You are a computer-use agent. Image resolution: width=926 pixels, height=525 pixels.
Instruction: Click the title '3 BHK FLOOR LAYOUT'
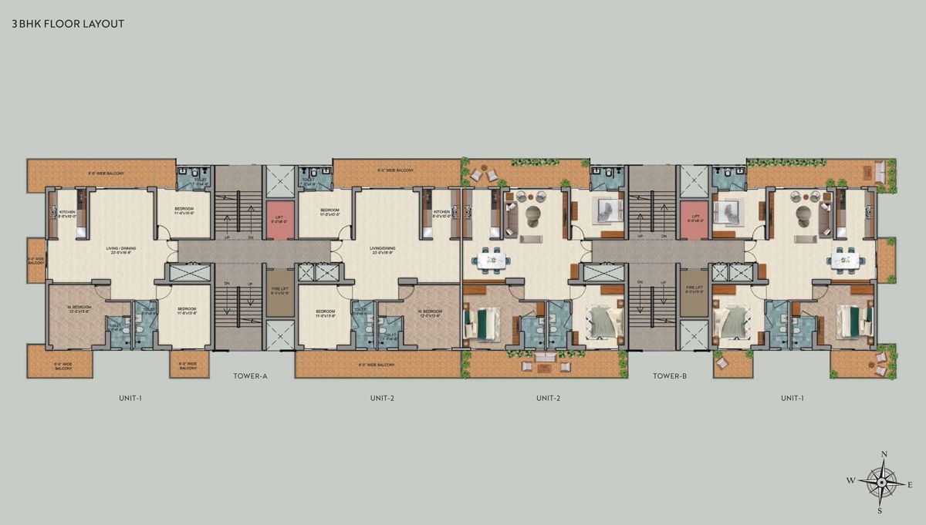(68, 24)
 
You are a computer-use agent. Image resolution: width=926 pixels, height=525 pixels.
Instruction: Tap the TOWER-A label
(250, 376)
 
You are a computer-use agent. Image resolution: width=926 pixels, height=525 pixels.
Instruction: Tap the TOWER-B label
(670, 376)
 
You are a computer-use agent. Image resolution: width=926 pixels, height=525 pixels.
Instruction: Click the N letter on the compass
(884, 454)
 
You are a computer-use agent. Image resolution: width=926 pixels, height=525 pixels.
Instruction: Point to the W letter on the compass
(850, 480)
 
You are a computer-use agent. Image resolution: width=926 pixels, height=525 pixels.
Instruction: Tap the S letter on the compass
(880, 510)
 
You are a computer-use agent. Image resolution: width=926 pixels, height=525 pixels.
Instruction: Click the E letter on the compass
(910, 484)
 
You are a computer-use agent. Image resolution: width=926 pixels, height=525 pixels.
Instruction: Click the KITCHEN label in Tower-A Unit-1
(66, 212)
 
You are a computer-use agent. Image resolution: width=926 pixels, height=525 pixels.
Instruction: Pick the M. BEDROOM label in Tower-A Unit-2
(428, 313)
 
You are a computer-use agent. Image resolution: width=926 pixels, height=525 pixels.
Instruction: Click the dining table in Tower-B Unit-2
(491, 261)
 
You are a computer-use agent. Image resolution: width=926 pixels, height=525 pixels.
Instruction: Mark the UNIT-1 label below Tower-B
(792, 398)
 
